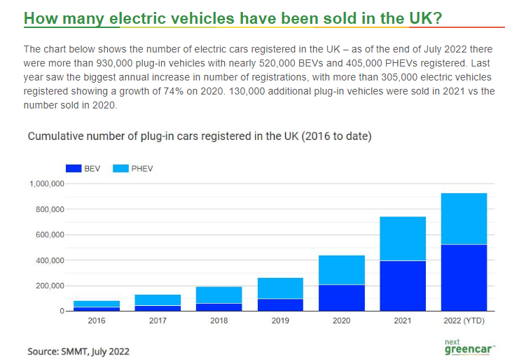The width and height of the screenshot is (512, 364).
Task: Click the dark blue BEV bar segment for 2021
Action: pos(403,286)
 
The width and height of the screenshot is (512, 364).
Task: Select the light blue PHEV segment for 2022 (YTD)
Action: pos(464,218)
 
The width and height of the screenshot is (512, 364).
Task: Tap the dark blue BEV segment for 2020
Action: pos(342,298)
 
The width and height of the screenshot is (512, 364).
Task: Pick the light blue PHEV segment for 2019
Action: pos(280,288)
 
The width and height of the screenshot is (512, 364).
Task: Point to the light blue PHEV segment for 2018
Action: pos(219,295)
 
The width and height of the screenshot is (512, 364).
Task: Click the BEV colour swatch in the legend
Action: pos(74,169)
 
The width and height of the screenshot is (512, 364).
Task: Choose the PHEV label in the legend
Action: pos(142,169)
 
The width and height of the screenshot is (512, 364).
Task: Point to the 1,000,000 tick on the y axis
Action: pos(47,184)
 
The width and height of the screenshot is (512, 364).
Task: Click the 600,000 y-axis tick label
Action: pos(50,234)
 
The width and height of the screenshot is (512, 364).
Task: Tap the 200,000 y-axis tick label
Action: pos(50,286)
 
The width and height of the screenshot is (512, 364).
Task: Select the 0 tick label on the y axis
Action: pos(62,311)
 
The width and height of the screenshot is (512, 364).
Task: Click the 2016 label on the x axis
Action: pos(97,321)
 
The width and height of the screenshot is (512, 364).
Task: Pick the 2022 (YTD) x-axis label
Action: pos(464,321)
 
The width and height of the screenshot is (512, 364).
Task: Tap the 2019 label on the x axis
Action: pos(280,321)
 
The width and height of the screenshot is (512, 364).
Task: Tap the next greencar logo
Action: pos(469,347)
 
